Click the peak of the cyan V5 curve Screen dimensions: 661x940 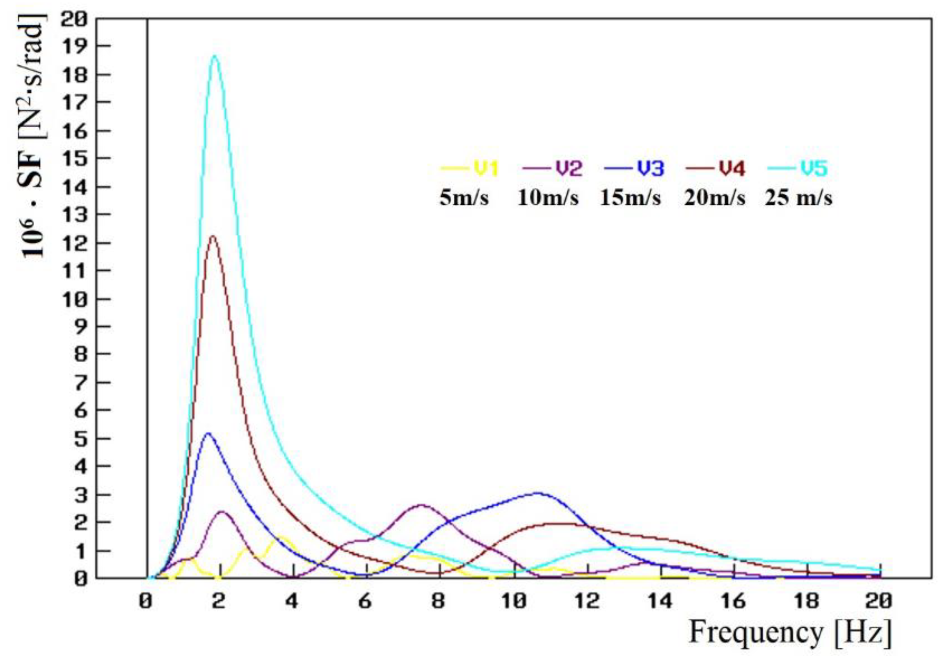(x=215, y=56)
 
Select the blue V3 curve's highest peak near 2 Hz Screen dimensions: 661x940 (x=208, y=433)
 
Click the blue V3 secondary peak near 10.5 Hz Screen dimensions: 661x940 (x=537, y=493)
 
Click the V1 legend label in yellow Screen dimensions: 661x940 (x=486, y=168)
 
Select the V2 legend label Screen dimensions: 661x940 (x=569, y=168)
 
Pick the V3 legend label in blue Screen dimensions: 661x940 (x=650, y=168)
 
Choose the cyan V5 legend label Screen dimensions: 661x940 (x=814, y=168)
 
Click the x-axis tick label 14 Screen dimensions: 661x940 (x=661, y=602)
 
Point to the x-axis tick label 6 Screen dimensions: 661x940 (x=365, y=602)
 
